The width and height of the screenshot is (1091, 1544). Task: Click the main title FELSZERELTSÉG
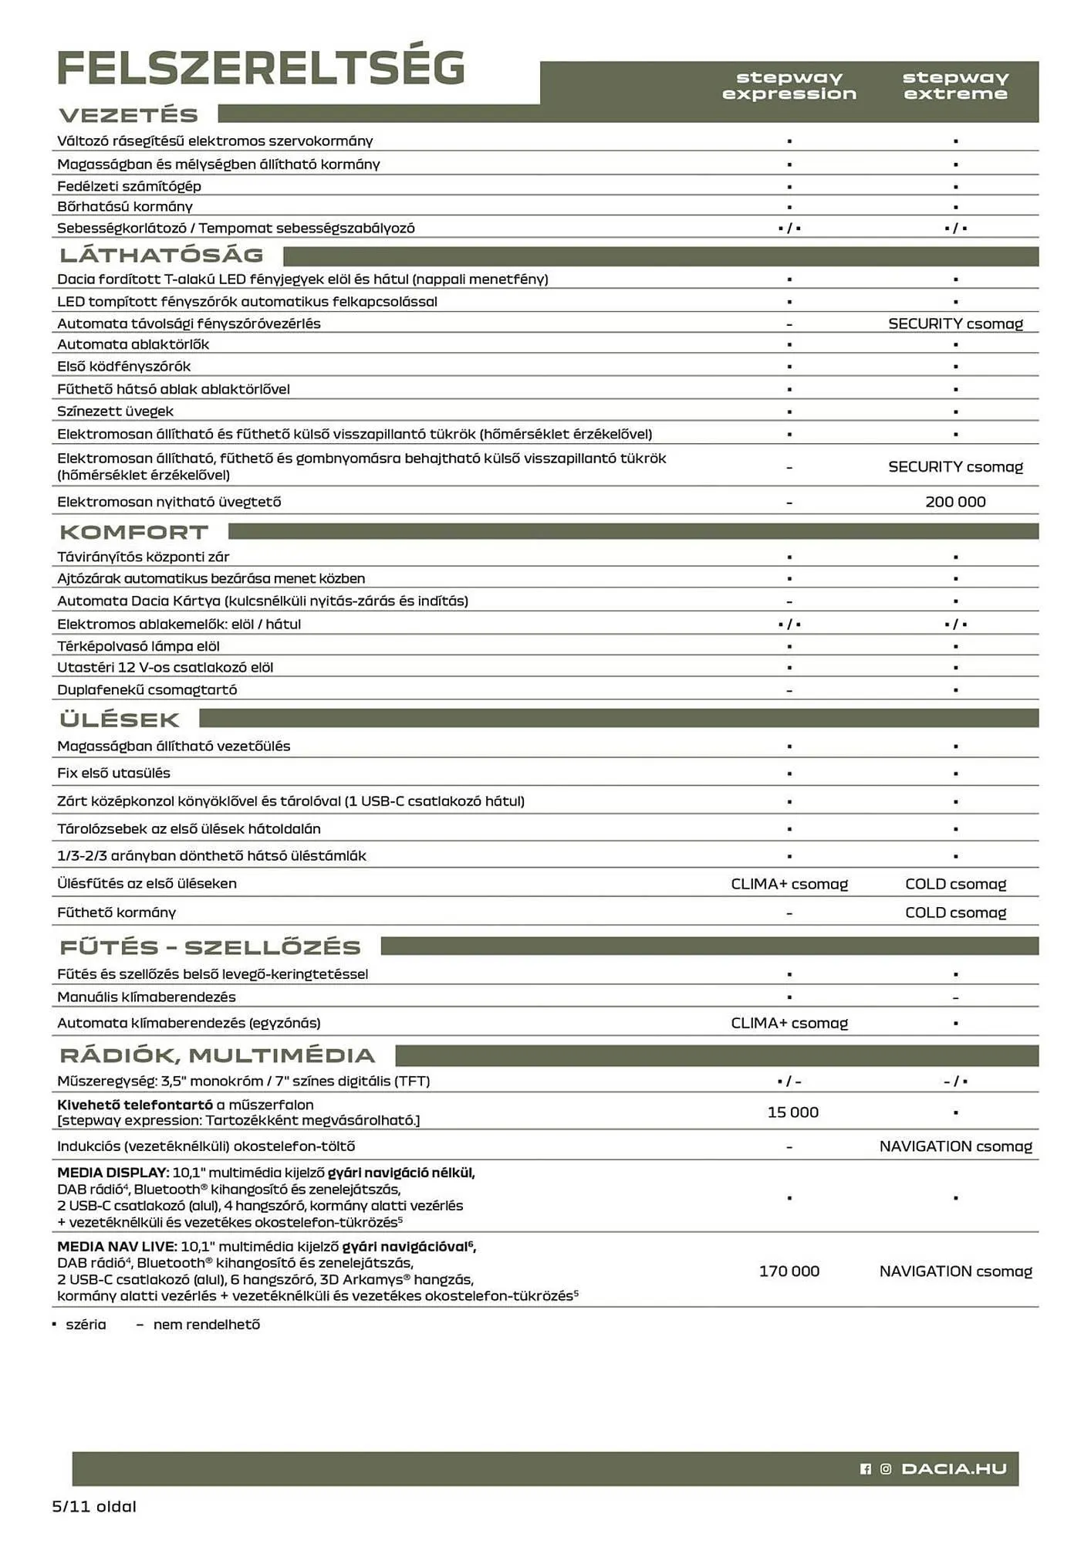[261, 68]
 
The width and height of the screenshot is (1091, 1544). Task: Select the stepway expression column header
[789, 86]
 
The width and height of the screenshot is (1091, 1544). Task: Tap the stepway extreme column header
[955, 86]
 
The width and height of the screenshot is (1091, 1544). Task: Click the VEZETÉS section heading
[129, 115]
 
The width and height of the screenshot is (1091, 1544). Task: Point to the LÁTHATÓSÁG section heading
[162, 255]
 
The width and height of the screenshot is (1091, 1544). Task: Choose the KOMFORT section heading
[134, 532]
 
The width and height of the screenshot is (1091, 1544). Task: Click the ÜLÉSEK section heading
[120, 720]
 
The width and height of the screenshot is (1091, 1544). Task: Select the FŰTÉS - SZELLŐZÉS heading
[210, 947]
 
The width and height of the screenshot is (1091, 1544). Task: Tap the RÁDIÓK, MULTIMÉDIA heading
[218, 1055]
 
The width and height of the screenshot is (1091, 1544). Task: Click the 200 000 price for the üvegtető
[955, 502]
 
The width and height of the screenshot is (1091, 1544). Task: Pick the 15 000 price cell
[792, 1112]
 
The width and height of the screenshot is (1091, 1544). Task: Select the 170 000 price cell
[789, 1271]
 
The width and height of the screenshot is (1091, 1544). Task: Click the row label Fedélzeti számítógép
[129, 186]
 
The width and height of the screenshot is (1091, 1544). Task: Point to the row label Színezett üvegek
[115, 411]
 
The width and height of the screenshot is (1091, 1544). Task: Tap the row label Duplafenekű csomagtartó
[147, 690]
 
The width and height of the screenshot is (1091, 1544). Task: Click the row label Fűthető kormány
[117, 913]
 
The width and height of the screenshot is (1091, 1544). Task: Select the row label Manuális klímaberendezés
[146, 997]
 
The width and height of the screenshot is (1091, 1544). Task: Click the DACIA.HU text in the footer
[954, 1468]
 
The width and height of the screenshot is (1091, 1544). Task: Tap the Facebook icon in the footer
[865, 1469]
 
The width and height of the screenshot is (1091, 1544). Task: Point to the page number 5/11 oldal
[94, 1506]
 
